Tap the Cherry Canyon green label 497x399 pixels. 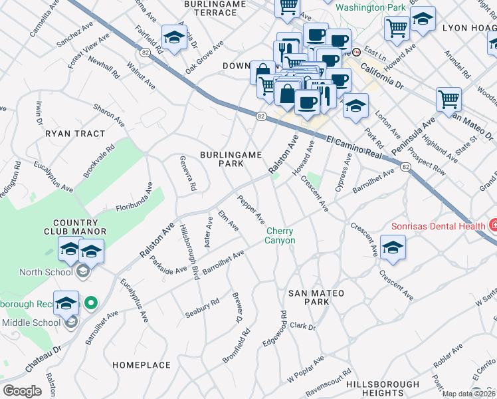[280, 235]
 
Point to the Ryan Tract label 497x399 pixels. [75, 134]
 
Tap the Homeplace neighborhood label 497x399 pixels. [142, 365]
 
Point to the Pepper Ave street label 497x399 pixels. [252, 209]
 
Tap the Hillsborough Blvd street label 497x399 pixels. [189, 252]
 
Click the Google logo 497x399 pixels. [22, 391]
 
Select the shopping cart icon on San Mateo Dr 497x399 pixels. [449, 100]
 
